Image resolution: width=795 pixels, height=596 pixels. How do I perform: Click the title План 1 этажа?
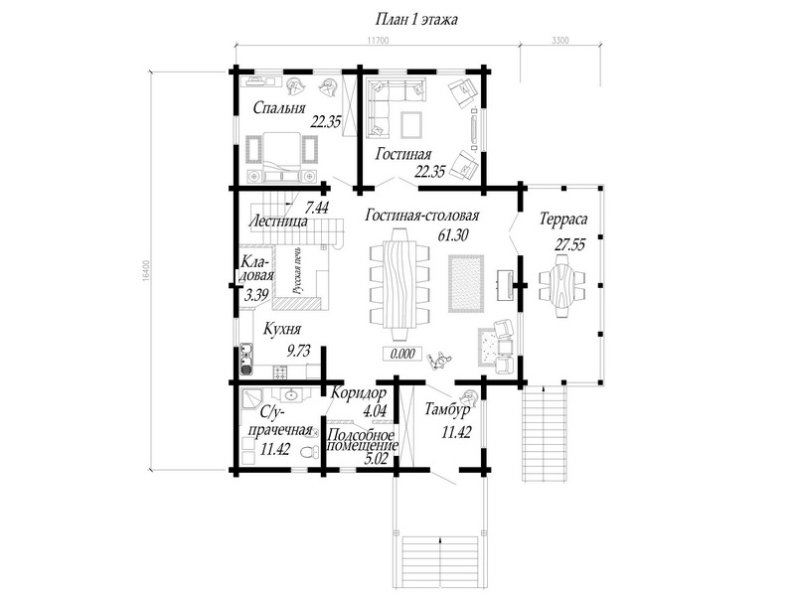[416, 20]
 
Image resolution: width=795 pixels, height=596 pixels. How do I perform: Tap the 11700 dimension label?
[378, 41]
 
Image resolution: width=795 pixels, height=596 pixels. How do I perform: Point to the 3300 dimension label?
[559, 41]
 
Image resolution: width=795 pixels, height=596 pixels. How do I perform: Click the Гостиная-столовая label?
[421, 216]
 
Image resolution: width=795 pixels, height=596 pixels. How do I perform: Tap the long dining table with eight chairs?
[399, 284]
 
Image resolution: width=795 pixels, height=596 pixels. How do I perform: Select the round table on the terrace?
[561, 285]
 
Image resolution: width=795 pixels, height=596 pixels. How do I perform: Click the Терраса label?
[563, 219]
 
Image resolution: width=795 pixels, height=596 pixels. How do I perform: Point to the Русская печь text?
[297, 270]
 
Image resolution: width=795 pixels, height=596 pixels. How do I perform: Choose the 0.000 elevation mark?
[402, 354]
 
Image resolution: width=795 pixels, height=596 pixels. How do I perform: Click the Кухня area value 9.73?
[298, 351]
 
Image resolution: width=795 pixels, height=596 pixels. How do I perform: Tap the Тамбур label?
[447, 409]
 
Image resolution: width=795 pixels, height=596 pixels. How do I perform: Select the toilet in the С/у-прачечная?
[309, 451]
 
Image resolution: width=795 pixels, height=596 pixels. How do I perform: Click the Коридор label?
[359, 392]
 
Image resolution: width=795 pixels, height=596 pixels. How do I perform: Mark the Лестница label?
[278, 222]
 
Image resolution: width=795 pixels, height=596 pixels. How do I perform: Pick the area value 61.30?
[452, 234]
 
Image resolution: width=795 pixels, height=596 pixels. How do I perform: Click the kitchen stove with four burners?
[280, 372]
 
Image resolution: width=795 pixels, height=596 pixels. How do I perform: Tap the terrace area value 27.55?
[569, 245]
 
